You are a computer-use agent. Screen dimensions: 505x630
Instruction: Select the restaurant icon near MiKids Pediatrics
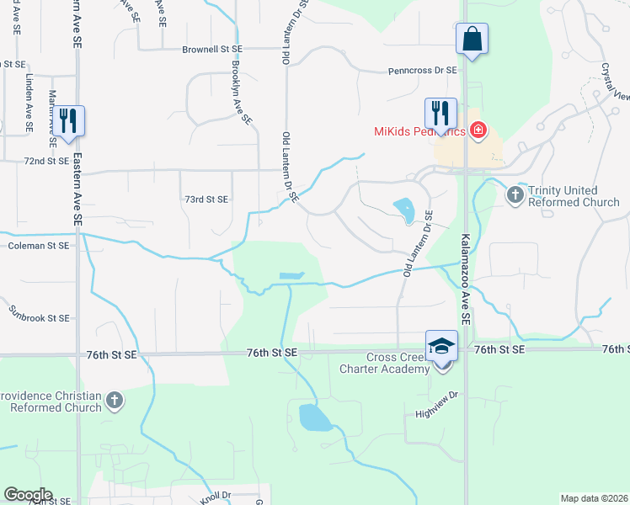[x=440, y=112]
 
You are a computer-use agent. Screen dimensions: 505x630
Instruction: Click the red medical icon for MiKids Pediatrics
[x=478, y=130]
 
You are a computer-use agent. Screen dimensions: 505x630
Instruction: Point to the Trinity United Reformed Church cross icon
[x=515, y=195]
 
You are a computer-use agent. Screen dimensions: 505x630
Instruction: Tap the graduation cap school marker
[x=441, y=346]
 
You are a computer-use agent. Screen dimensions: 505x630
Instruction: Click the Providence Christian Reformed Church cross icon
[x=115, y=401]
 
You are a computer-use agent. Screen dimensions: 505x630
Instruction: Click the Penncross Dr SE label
[x=422, y=71]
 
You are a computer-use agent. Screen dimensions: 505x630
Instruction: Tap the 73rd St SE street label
[x=206, y=199]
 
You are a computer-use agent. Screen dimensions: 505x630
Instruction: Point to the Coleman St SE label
[x=38, y=246]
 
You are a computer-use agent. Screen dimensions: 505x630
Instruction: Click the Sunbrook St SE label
[x=39, y=319]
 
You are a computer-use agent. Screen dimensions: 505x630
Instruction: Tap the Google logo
[x=28, y=495]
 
